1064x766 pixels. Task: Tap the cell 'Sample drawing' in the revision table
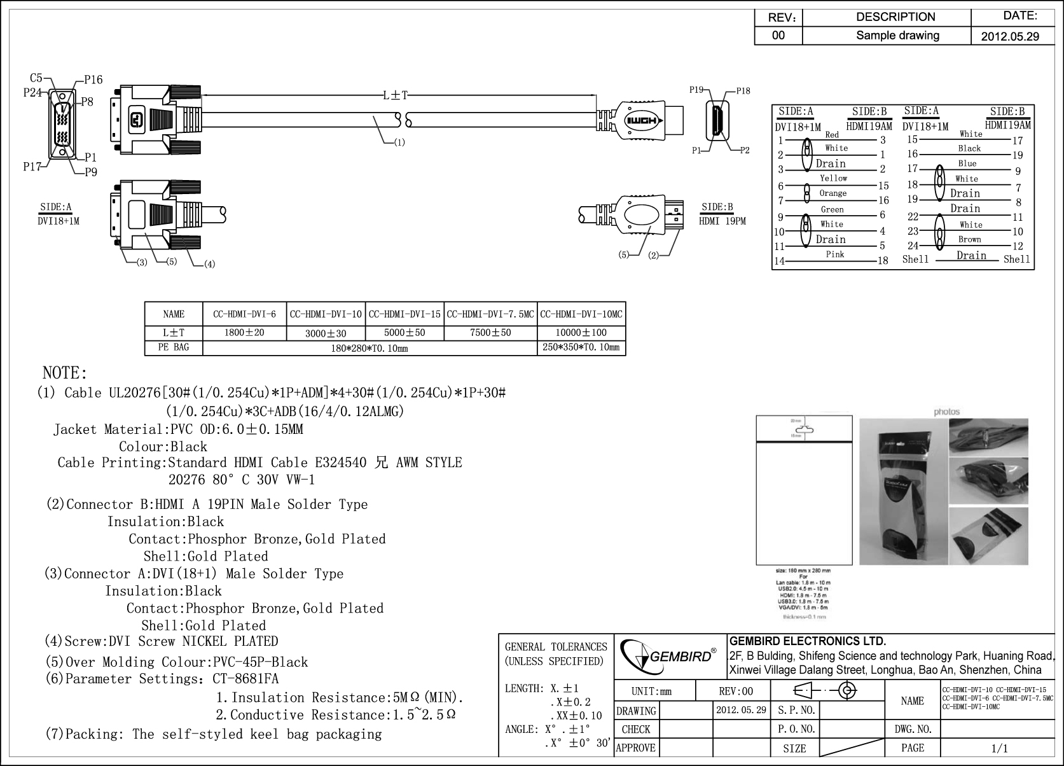pyautogui.click(x=897, y=35)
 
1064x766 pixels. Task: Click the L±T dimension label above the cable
pyautogui.click(x=395, y=95)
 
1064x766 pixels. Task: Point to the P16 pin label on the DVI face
pyautogui.click(x=93, y=80)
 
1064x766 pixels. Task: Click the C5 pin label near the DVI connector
pyautogui.click(x=36, y=78)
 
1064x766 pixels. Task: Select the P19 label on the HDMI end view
pyautogui.click(x=696, y=90)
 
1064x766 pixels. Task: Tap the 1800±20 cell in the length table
pyautogui.click(x=244, y=333)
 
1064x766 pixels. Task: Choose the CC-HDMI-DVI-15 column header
pyautogui.click(x=404, y=314)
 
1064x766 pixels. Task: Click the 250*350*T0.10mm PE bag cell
pyautogui.click(x=581, y=347)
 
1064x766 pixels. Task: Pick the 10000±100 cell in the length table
pyautogui.click(x=581, y=333)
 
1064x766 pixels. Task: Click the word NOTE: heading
pyautogui.click(x=64, y=373)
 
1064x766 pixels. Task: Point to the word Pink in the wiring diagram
pyautogui.click(x=835, y=254)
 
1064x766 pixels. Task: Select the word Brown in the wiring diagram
pyautogui.click(x=970, y=240)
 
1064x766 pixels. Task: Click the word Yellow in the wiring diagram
pyautogui.click(x=833, y=179)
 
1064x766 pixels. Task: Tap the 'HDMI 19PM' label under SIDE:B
pyautogui.click(x=722, y=221)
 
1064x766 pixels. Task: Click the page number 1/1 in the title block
pyautogui.click(x=999, y=748)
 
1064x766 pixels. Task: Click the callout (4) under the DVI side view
pyautogui.click(x=209, y=264)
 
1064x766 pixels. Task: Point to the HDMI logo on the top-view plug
pyautogui.click(x=644, y=122)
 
